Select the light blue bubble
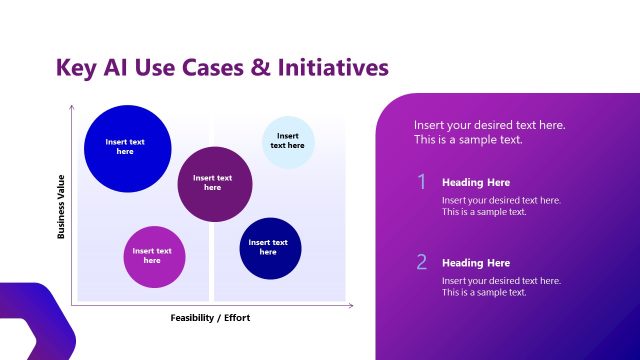288,142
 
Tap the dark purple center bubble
213,183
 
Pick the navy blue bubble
270,248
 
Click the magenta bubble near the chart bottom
153,256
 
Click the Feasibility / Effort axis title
210,318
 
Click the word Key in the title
77,68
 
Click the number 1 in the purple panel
422,182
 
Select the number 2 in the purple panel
422,262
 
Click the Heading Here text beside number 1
476,183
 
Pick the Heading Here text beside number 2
476,263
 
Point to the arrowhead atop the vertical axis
72,106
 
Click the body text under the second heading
501,286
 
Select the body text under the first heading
501,206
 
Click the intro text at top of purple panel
490,132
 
